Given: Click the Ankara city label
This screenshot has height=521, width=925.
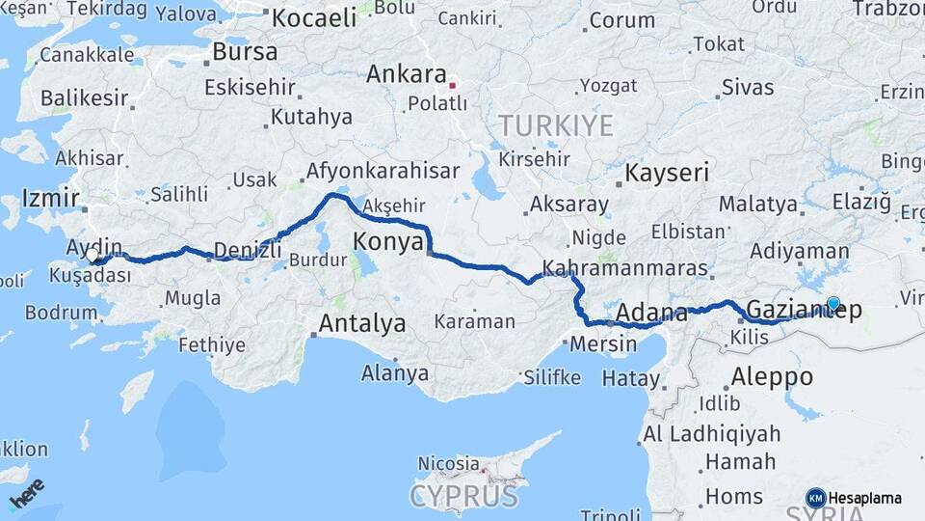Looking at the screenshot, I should click(x=406, y=75).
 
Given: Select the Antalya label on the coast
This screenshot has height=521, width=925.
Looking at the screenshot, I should click(x=361, y=324).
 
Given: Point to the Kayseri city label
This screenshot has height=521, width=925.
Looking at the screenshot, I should click(x=667, y=174).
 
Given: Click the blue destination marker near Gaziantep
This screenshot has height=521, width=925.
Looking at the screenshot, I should click(x=833, y=303).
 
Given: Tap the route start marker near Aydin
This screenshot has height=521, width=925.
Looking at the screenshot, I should click(x=93, y=256).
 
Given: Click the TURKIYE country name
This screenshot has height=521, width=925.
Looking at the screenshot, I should click(x=555, y=125).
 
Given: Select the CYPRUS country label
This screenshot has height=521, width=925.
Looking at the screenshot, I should click(x=463, y=497).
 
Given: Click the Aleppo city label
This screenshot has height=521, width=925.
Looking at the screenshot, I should click(x=773, y=376).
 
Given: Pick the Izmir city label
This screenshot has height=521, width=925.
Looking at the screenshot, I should click(x=50, y=199).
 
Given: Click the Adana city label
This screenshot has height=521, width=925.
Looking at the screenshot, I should click(x=650, y=313).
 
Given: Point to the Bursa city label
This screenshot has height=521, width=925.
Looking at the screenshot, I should click(x=245, y=51).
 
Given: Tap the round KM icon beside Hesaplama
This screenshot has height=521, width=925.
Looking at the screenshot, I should click(x=815, y=498).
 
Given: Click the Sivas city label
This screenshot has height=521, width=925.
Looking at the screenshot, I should click(x=748, y=88).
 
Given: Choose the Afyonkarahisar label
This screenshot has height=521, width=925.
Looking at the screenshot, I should click(x=383, y=172).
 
